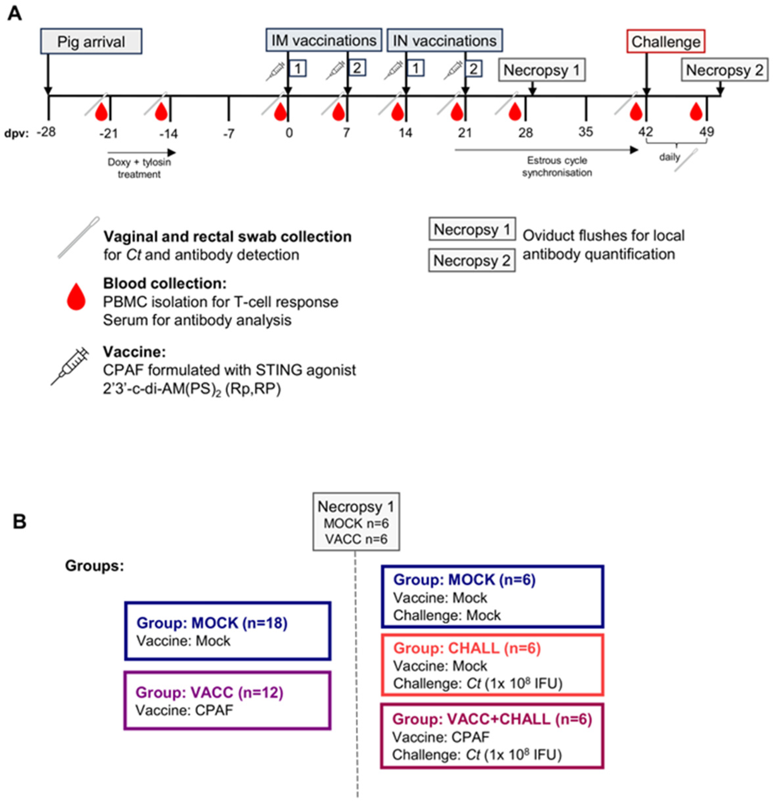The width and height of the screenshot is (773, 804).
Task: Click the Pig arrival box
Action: coord(91,41)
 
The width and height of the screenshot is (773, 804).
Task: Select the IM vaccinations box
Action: coord(323,40)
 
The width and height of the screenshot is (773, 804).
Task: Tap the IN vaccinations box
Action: coord(444,40)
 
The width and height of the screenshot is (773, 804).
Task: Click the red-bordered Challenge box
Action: coord(665,41)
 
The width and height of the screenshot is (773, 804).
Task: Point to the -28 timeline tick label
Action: coord(46,132)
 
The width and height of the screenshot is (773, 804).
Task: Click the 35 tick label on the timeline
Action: coord(585,132)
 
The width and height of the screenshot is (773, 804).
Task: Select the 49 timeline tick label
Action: coord(706,132)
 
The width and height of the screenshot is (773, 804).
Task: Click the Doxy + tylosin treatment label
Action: coord(139,168)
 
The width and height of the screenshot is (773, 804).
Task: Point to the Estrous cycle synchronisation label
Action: coord(557,166)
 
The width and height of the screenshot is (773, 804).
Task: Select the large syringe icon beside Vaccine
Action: coord(70,366)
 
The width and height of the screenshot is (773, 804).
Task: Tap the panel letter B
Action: coord(19,522)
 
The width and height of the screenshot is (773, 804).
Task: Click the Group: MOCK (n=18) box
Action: coord(227,631)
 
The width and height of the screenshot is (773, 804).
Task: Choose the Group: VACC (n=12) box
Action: coord(227,700)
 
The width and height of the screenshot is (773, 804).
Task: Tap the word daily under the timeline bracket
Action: coord(669,157)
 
